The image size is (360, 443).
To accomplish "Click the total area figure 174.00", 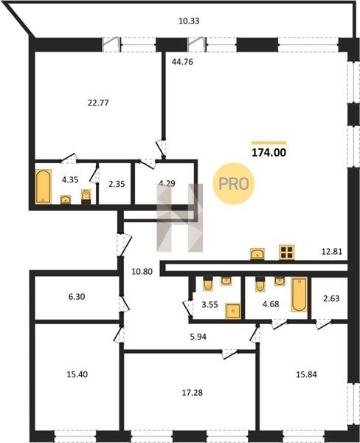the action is pos(269,153).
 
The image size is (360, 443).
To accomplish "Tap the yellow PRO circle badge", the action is pos(234,184).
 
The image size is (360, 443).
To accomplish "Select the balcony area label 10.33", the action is pos(189,21).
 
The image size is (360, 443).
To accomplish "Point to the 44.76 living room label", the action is pos(182,62).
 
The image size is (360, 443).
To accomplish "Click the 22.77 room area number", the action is pos(98,103).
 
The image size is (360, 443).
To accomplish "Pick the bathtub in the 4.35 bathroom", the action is pos(44,187).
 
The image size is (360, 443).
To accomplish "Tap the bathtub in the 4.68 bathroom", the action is pos(300,295).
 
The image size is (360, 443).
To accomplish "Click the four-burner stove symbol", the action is pos(286,253).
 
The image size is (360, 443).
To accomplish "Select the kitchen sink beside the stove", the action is pos(257,254).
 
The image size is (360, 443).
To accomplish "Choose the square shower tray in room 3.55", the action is pos(233,311).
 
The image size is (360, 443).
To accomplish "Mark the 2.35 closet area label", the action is pos(117,184).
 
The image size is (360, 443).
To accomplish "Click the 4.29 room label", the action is pos(167,183).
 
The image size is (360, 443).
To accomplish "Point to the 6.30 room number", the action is pos(77,297).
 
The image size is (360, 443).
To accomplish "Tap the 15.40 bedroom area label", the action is pos(77,374).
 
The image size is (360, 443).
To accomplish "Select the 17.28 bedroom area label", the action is pos(193,393).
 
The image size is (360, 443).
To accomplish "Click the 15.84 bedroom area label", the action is pos(306,374).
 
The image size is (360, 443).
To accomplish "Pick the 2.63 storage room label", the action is pos(331,298).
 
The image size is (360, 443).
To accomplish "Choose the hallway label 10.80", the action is pos(142,272).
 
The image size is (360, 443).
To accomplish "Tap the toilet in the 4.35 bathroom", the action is pos(86,196).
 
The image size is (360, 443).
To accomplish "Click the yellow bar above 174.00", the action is pos(269,143).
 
